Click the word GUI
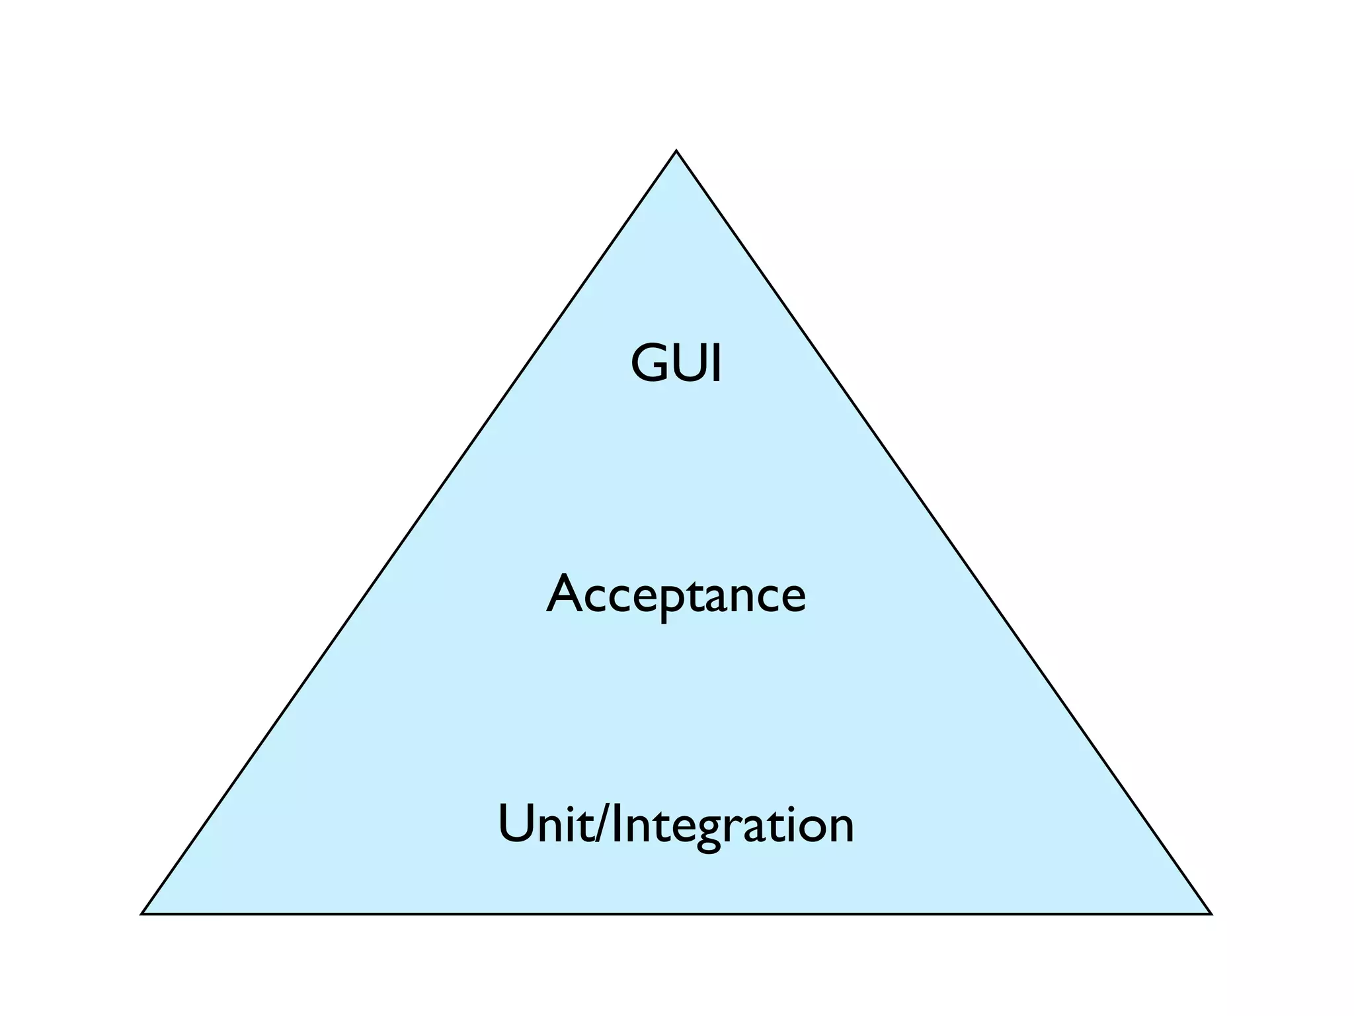[676, 363]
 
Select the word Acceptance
[676, 594]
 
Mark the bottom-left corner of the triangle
[142, 913]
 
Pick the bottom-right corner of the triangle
[1211, 913]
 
